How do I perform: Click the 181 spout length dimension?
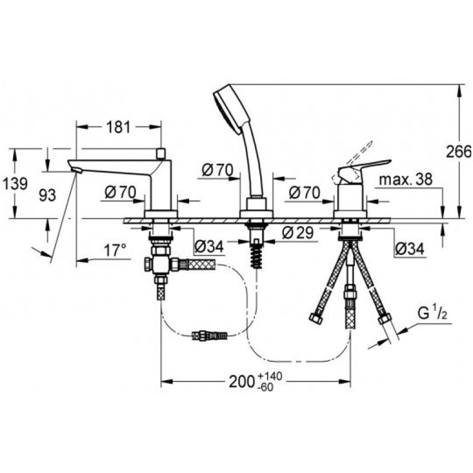118,127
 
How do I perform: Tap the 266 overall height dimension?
459,151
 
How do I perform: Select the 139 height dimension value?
15,183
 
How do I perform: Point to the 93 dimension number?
47,195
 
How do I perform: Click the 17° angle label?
115,251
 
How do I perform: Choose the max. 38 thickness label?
406,180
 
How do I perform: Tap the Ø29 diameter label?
298,232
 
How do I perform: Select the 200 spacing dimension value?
241,381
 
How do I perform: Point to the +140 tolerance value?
270,376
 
